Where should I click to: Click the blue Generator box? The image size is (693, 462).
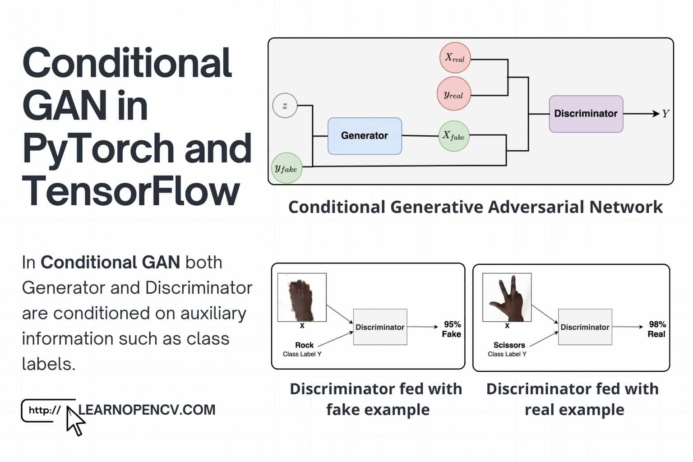pos(365,136)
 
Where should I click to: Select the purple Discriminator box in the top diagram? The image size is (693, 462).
pos(586,114)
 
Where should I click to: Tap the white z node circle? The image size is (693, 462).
pos(285,106)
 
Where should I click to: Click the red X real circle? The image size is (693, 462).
pos(455,58)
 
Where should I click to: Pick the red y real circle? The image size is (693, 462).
pos(453,94)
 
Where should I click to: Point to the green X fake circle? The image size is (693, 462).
pos(454,136)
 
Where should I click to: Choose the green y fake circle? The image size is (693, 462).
pos(286,168)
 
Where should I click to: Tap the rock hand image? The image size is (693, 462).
pos(302,297)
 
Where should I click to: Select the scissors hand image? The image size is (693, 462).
pos(507,297)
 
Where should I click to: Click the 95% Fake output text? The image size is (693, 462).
pos(452,329)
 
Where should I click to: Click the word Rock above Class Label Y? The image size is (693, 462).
pos(305,345)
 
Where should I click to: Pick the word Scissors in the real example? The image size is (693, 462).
pos(509,345)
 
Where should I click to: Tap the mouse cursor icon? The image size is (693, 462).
pos(75,421)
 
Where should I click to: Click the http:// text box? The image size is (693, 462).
pos(45,411)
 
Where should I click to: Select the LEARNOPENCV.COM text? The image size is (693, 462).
pos(147,410)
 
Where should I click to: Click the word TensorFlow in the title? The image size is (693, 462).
pos(131,190)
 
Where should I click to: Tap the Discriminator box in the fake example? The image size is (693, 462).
pos(380,327)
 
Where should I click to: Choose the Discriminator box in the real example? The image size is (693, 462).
pos(585,327)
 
